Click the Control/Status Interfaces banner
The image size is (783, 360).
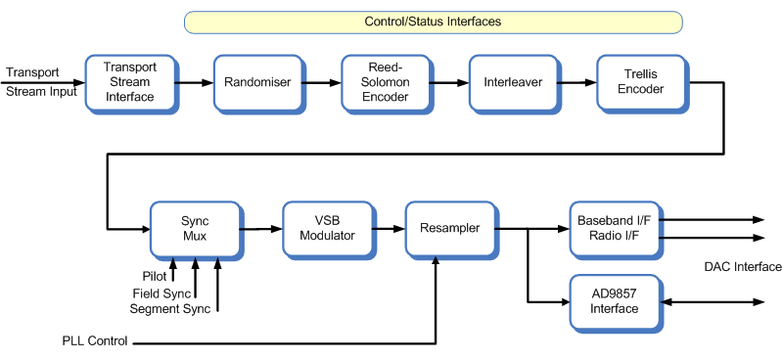[433, 22]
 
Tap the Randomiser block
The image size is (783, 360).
[257, 82]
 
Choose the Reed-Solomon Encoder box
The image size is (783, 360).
[385, 82]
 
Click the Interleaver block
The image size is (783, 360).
[512, 82]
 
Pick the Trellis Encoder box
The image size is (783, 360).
[641, 82]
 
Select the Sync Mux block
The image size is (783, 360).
[195, 228]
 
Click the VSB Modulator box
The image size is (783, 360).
[328, 228]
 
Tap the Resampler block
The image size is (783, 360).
[450, 228]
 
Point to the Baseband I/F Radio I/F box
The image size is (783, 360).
[614, 229]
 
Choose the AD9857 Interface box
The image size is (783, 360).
[614, 301]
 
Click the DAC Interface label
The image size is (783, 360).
[743, 267]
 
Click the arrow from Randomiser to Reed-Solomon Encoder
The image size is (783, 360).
[321, 82]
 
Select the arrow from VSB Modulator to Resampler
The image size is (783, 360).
[389, 229]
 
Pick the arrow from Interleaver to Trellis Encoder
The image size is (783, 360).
[576, 82]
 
